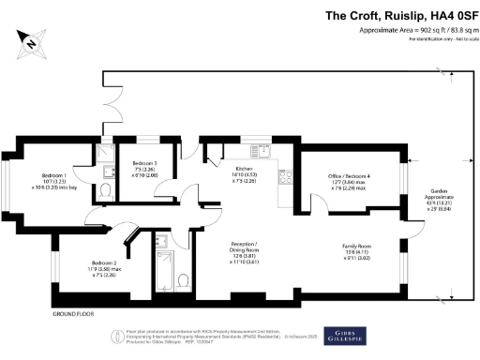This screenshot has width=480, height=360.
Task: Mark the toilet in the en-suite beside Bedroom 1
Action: point(104,191)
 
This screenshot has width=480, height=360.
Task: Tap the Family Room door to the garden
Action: point(405,230)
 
